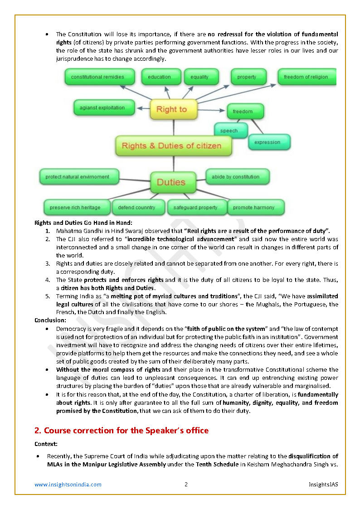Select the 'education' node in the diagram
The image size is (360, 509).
[159, 77]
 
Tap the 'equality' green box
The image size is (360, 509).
[199, 77]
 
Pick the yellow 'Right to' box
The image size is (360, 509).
[171, 109]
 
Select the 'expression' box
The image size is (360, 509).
[268, 142]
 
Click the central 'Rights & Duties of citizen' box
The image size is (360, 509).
[172, 146]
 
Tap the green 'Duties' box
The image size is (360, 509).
[172, 182]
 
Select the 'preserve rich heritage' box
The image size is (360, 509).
[76, 208]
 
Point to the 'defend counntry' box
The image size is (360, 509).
[137, 208]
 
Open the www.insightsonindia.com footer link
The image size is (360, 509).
[68, 485]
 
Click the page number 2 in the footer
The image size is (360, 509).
[186, 485]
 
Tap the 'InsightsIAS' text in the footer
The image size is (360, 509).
[323, 485]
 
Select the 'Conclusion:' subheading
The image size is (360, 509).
[50, 320]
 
